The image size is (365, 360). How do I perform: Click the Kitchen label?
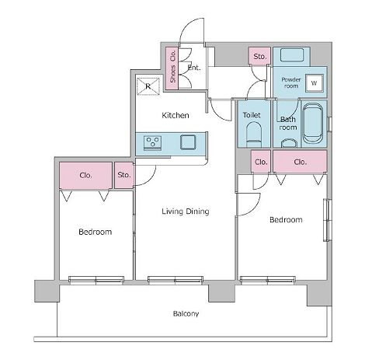pyautogui.click(x=176, y=115)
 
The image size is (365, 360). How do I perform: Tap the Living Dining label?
pyautogui.click(x=186, y=211)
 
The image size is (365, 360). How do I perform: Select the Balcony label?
pyautogui.click(x=186, y=314)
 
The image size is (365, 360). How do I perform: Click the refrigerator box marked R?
pyautogui.click(x=148, y=86)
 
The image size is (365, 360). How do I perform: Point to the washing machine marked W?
pyautogui.click(x=314, y=83)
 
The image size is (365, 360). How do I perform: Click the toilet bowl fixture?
pyautogui.click(x=254, y=135)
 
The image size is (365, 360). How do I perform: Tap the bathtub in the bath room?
pyautogui.click(x=313, y=124)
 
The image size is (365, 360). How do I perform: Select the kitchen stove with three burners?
pyautogui.click(x=152, y=143)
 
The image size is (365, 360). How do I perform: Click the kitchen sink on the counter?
pyautogui.click(x=188, y=142)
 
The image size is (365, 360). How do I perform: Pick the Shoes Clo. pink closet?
pyautogui.click(x=172, y=68)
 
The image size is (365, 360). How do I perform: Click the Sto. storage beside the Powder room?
pyautogui.click(x=259, y=56)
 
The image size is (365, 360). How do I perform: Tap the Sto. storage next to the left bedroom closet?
pyautogui.click(x=124, y=175)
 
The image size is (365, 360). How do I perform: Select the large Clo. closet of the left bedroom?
pyautogui.click(x=85, y=176)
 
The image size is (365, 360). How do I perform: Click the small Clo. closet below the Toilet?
pyautogui.click(x=261, y=162)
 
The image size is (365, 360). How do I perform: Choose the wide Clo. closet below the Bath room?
pyautogui.click(x=300, y=162)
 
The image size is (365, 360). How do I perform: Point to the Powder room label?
pyautogui.click(x=291, y=82)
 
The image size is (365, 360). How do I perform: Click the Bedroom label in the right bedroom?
pyautogui.click(x=286, y=220)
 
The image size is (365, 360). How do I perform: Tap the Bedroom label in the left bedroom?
pyautogui.click(x=96, y=232)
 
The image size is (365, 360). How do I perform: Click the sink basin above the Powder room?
pyautogui.click(x=292, y=55)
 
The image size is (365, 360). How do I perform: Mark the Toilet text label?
pyautogui.click(x=252, y=115)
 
